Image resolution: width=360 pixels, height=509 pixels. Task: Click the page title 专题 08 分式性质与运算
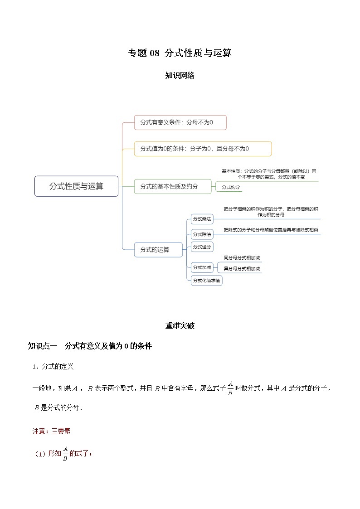pyautogui.click(x=180, y=53)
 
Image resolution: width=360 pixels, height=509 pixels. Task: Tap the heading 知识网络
pyautogui.click(x=180, y=76)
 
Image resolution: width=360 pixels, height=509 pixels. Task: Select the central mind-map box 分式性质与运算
pyautogui.click(x=76, y=186)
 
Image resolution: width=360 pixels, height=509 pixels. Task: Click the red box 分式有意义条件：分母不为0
pyautogui.click(x=180, y=122)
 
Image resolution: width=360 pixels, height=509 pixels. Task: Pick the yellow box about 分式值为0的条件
pyautogui.click(x=203, y=149)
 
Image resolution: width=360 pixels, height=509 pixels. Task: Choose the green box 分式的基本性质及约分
pyautogui.click(x=173, y=186)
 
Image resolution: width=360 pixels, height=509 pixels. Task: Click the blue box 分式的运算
pyautogui.click(x=158, y=250)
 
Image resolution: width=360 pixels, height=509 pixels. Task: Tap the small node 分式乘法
pyautogui.click(x=202, y=219)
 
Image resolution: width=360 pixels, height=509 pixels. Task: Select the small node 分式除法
pyautogui.click(x=202, y=234)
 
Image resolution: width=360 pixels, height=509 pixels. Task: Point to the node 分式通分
pyautogui.click(x=202, y=247)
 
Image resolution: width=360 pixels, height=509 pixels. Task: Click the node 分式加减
pyautogui.click(x=202, y=267)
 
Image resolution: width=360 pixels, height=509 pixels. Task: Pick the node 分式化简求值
pyautogui.click(x=206, y=281)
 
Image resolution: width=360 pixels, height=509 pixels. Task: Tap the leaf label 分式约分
pyautogui.click(x=231, y=187)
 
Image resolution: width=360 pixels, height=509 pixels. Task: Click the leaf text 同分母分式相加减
pyautogui.click(x=242, y=258)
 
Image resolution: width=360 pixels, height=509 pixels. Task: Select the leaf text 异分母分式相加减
pyautogui.click(x=242, y=269)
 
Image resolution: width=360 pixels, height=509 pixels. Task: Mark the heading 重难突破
pyautogui.click(x=180, y=325)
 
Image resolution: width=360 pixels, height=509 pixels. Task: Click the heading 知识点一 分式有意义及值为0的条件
pyautogui.click(x=90, y=346)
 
